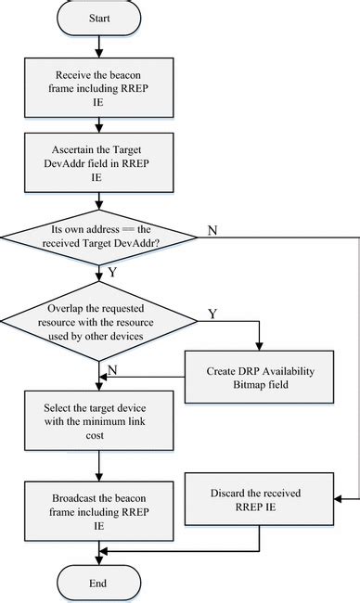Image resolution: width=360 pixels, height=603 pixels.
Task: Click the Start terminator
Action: click(x=98, y=17)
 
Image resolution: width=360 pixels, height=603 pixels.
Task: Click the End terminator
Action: click(x=98, y=583)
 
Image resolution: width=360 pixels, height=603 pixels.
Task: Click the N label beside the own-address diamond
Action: click(x=212, y=229)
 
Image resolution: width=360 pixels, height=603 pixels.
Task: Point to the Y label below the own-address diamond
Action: click(x=113, y=274)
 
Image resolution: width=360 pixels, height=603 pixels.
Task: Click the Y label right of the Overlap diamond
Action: click(x=212, y=314)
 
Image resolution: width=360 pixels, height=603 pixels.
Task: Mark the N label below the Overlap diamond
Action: click(x=112, y=368)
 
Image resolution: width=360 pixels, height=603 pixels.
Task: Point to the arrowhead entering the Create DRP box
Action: click(x=261, y=346)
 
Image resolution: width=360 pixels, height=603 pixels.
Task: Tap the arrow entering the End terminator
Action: click(x=98, y=557)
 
